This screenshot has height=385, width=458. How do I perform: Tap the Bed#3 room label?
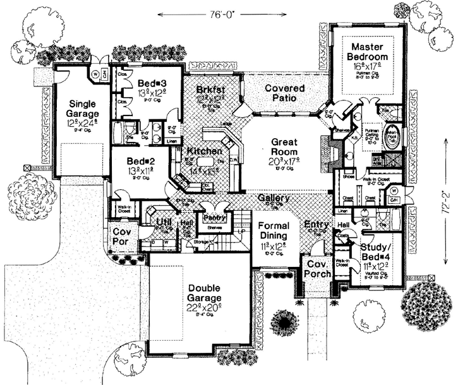[152, 84]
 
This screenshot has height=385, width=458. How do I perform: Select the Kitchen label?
[204, 151]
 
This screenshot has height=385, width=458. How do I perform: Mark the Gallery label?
[274, 198]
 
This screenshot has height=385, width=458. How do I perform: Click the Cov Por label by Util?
[122, 237]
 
